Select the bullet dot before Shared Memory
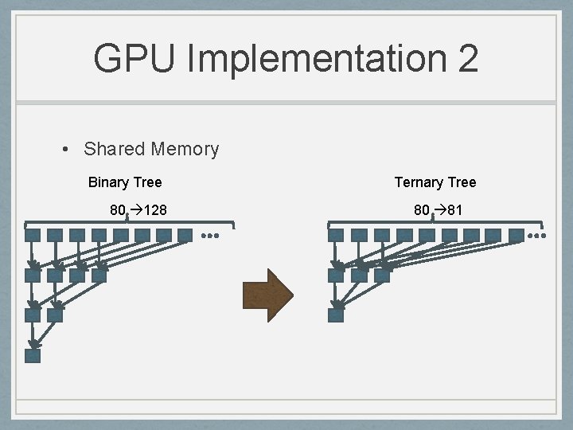(x=69, y=149)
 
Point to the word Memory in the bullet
(x=185, y=149)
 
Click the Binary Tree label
(x=125, y=182)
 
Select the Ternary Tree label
(x=435, y=182)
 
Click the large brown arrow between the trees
(x=268, y=295)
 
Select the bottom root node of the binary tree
(x=33, y=356)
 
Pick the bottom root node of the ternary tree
(x=336, y=315)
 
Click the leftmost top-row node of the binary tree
(x=33, y=236)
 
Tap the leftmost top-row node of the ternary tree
(x=336, y=236)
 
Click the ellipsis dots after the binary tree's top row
(x=210, y=236)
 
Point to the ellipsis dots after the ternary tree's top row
(x=539, y=236)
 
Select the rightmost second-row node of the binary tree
(x=99, y=276)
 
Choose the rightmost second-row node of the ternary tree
(x=382, y=276)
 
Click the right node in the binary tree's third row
(x=55, y=315)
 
